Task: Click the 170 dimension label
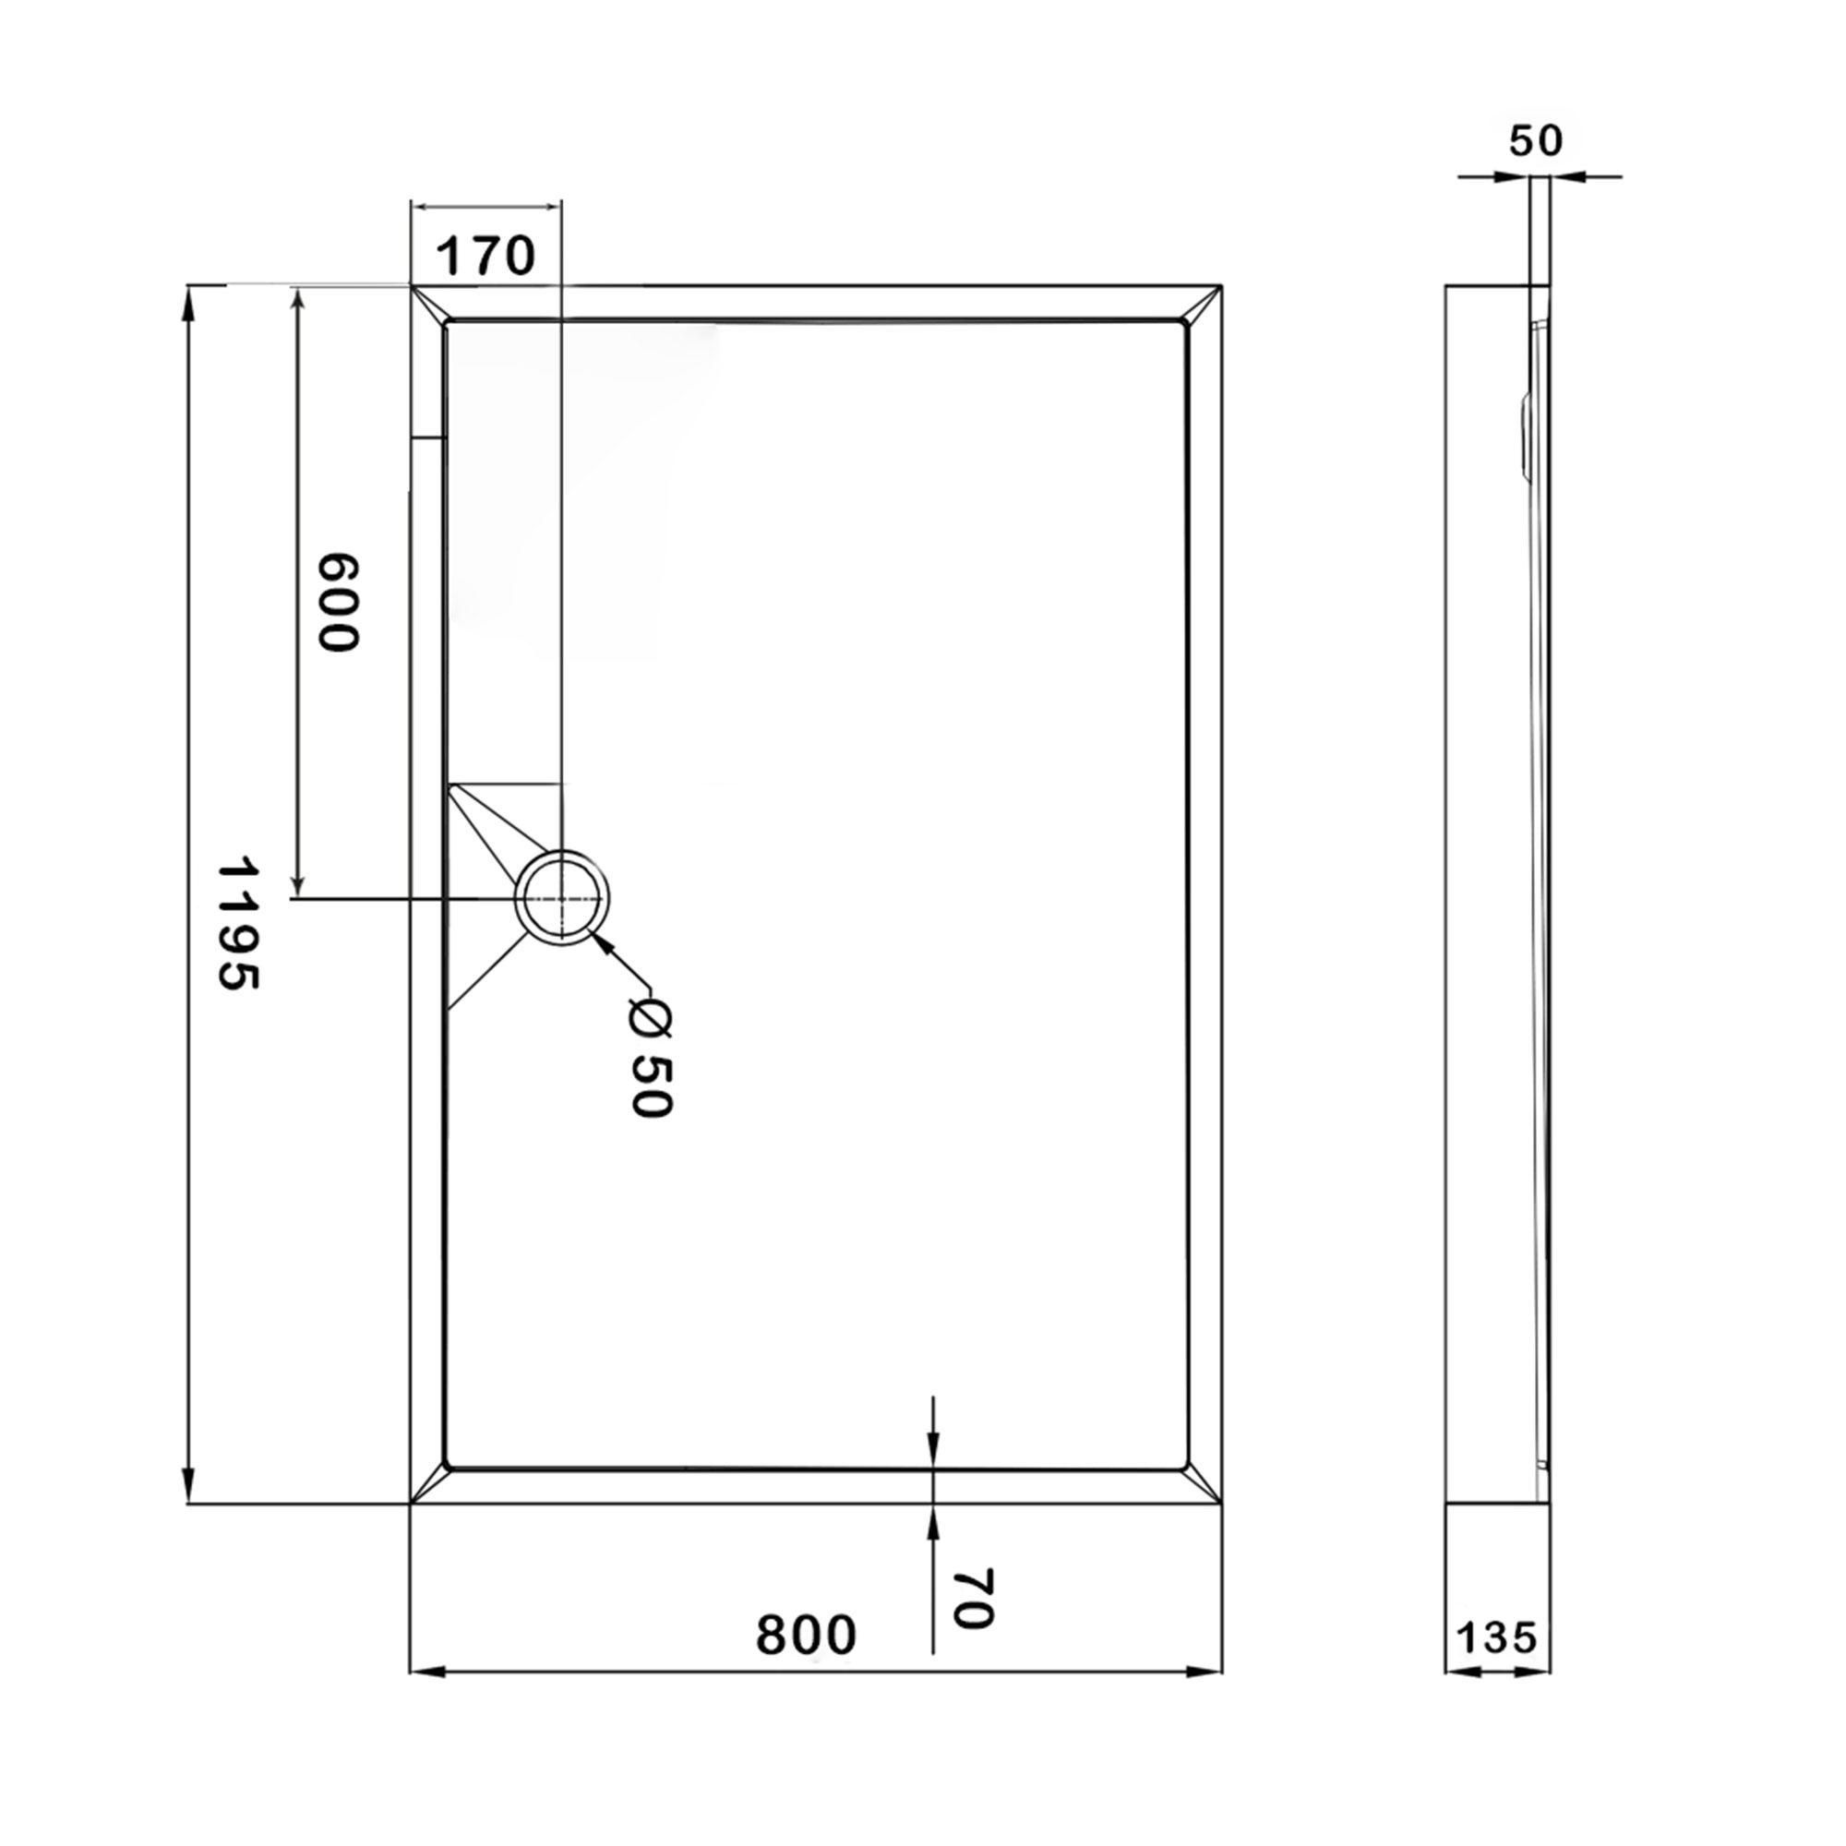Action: click(485, 256)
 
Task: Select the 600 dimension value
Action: click(338, 603)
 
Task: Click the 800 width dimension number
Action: click(806, 1636)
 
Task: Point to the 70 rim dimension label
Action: click(974, 1599)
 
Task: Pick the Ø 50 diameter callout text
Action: click(652, 1058)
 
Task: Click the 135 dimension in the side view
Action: click(1496, 1638)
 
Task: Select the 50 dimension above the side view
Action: click(1536, 141)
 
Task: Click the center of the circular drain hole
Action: click(562, 899)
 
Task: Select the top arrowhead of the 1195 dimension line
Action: click(189, 304)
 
